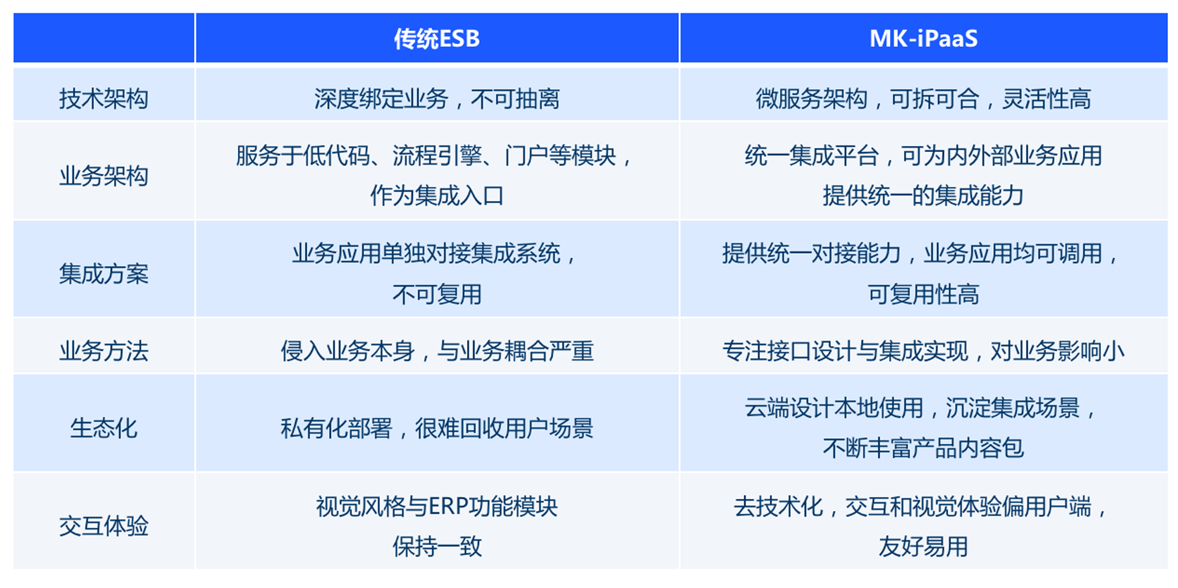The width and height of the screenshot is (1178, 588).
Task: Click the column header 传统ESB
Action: pos(437,39)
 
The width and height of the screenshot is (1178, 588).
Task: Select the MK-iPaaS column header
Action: pos(923,39)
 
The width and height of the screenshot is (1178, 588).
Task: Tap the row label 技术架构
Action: pos(104,99)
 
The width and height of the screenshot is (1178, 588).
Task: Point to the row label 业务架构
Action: pos(104,176)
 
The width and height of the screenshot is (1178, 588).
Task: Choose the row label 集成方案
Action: pos(104,274)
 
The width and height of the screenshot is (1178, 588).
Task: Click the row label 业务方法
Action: pos(104,351)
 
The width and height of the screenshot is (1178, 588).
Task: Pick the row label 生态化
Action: pos(104,428)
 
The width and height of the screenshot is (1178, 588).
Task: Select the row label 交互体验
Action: pos(104,526)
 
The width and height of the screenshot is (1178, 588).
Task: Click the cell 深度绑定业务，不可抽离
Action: pos(437,99)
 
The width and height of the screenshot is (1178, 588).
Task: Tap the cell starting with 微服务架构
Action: pos(923,99)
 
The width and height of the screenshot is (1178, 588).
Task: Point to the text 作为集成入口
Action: pos(437,196)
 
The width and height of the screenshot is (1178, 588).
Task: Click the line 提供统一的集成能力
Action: pos(923,196)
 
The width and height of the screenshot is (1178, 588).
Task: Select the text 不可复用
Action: pos(437,294)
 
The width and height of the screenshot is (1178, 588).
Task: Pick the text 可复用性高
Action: pos(923,294)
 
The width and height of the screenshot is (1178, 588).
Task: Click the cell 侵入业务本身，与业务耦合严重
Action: pos(437,351)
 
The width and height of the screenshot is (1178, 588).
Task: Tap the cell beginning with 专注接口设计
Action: pos(923,351)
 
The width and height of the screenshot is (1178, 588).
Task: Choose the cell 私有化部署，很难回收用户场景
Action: pos(437,428)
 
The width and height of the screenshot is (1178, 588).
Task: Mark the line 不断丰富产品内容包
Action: pos(923,448)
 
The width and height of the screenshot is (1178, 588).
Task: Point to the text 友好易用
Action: pos(923,546)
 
